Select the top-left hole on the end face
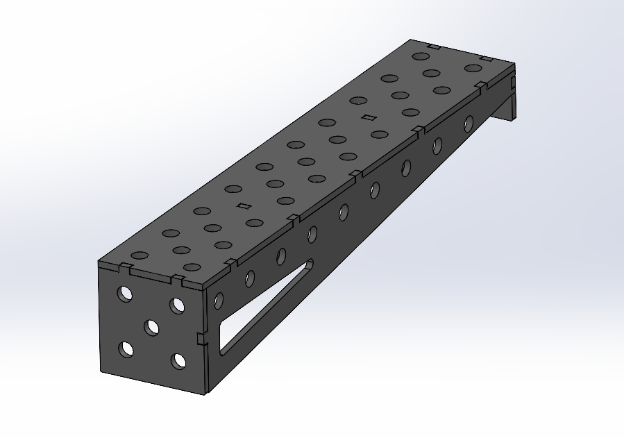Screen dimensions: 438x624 click(x=126, y=294)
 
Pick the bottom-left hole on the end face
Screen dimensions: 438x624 click(x=126, y=349)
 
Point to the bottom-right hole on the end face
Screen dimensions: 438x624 click(x=179, y=361)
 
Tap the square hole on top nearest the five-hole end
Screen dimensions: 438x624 click(x=244, y=205)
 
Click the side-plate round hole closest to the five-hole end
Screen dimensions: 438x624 click(x=219, y=301)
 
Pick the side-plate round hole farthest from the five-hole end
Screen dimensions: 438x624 click(x=469, y=124)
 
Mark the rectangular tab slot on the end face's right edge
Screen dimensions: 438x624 click(x=200, y=338)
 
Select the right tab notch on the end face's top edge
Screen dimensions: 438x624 click(x=179, y=280)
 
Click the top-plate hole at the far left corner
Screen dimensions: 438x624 click(x=419, y=56)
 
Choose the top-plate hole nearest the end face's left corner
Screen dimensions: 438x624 click(x=140, y=255)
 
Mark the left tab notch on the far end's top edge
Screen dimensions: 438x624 click(x=434, y=47)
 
